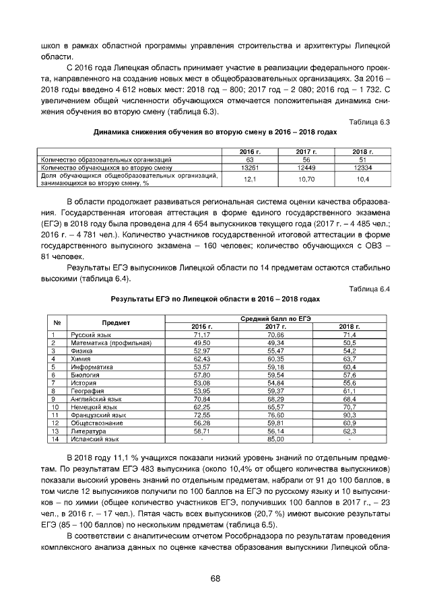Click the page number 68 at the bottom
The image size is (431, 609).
pyautogui.click(x=215, y=578)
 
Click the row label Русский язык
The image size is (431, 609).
pyautogui.click(x=91, y=334)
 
